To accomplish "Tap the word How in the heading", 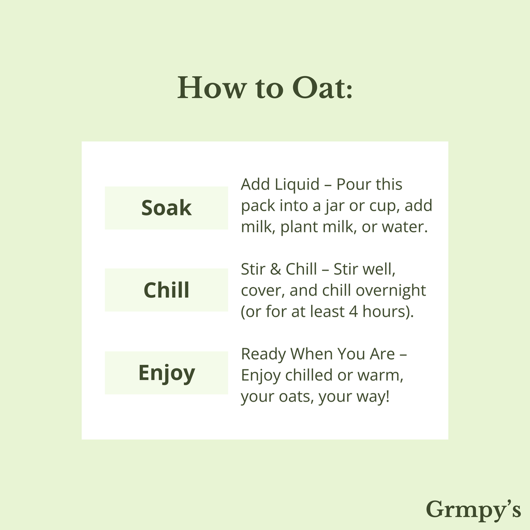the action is [x=212, y=87].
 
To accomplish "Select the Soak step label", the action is [x=166, y=208].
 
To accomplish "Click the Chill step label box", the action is [x=166, y=290].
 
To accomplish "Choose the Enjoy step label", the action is [x=166, y=373].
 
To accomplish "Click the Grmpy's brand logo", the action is [x=473, y=510].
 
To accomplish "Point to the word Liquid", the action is [x=297, y=185].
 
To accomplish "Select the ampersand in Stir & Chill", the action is [x=275, y=269].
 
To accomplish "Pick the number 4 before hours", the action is [x=353, y=312].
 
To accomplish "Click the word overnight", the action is [x=391, y=291].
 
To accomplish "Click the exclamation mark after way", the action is [x=387, y=396].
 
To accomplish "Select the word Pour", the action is [x=351, y=185].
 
